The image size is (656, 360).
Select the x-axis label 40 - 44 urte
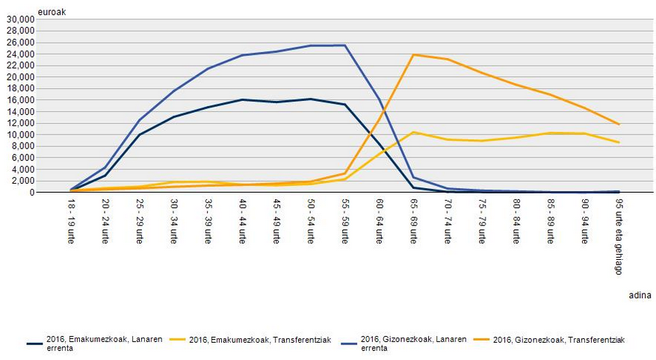243,217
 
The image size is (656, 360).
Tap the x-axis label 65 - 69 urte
414,217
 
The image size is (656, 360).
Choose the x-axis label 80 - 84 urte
516,217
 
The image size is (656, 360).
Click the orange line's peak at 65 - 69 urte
413,55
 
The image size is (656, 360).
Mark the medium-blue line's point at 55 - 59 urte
345,46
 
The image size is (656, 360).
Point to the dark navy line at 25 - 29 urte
140,134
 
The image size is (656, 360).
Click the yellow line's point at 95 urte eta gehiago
619,142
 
